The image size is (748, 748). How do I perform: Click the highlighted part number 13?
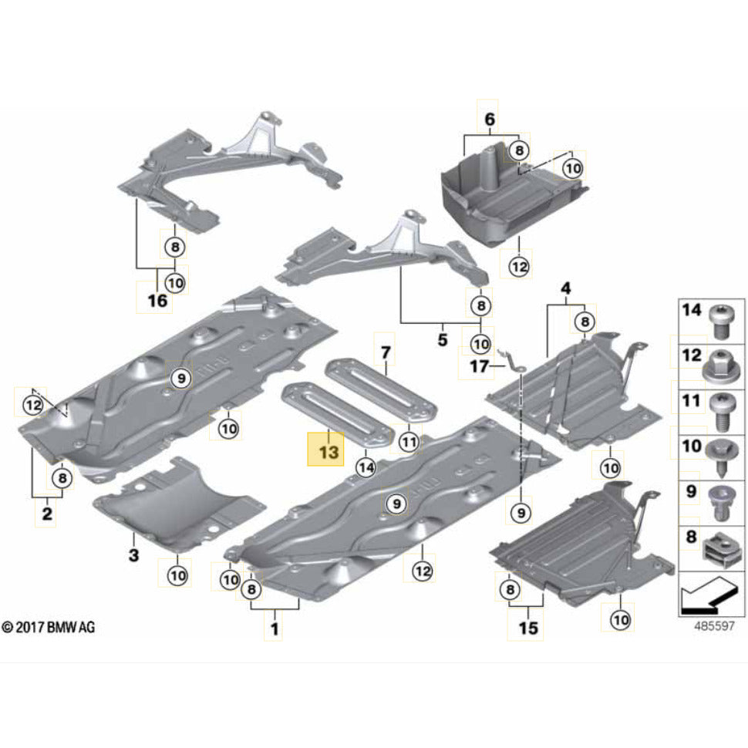coord(328,452)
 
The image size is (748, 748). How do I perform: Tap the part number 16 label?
coord(157,300)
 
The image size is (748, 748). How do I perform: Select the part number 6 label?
coord(489,120)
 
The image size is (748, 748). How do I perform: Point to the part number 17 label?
coord(480,367)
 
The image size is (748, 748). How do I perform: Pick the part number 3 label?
coord(133,554)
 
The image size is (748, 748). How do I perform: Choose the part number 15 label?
coord(527,628)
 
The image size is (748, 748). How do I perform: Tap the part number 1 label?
coord(272,630)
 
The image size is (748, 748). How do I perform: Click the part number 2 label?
coord(47,513)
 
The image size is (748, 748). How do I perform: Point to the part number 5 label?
coord(442,339)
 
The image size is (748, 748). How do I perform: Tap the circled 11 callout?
coord(409,442)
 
